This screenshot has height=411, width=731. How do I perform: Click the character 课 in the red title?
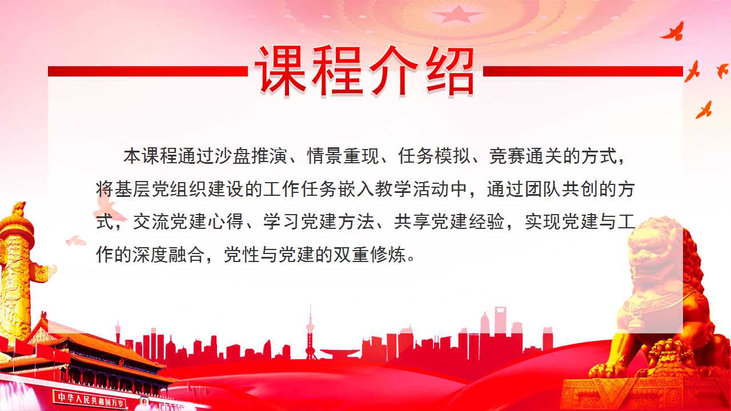pos(280,70)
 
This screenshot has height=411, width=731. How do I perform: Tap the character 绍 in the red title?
pos(448,70)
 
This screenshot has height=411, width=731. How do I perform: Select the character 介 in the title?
pos(392,70)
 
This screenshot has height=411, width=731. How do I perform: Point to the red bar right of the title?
pos(583,71)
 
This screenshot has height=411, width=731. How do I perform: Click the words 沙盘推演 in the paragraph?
pos(251,156)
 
